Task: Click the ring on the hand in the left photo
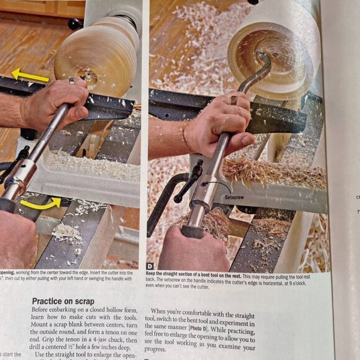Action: [x=71, y=81]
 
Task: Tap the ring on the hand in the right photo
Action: [x=233, y=100]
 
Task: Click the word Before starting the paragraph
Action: [x=44, y=310]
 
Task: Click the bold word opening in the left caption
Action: [x=6, y=272]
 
